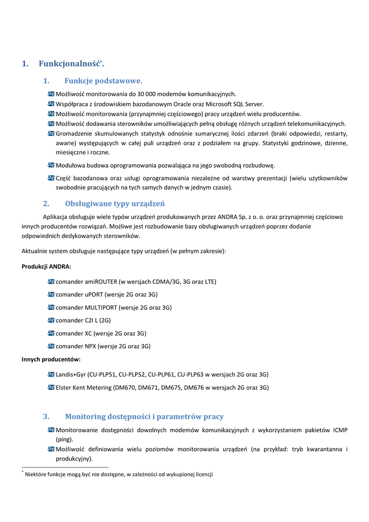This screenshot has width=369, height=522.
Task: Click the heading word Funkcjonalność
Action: click(x=69, y=64)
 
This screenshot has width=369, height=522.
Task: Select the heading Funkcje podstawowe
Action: click(x=103, y=81)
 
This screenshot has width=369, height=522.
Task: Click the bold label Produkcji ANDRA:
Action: click(x=46, y=267)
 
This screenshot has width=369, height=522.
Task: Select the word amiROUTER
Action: click(x=101, y=281)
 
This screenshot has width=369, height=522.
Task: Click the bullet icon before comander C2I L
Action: click(x=51, y=320)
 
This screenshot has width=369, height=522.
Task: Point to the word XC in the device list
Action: click(x=89, y=333)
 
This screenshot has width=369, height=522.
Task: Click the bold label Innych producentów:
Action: click(x=51, y=359)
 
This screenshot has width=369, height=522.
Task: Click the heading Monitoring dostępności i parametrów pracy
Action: click(x=144, y=417)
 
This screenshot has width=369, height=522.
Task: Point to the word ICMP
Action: click(x=340, y=430)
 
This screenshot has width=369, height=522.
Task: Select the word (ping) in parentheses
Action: click(x=65, y=439)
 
